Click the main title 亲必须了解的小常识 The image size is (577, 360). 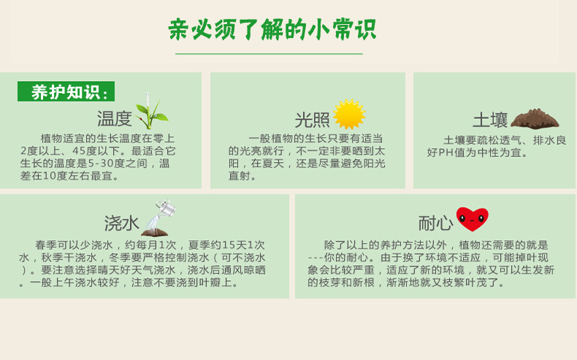[x=272, y=30]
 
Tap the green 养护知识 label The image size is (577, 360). [x=66, y=92]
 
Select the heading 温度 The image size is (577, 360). [x=115, y=119]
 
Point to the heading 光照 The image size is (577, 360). [x=312, y=120]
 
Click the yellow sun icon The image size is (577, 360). [x=348, y=115]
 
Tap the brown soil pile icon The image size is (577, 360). [x=535, y=118]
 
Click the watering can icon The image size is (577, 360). [x=159, y=217]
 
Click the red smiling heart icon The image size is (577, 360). [x=472, y=218]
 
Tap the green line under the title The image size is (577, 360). [x=269, y=54]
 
